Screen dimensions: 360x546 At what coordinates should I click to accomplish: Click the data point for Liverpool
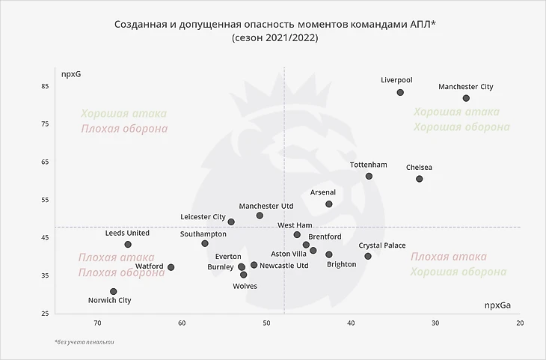(400, 93)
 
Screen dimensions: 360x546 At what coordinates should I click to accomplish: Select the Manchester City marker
(466, 98)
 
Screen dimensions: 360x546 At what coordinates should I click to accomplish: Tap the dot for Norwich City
(113, 292)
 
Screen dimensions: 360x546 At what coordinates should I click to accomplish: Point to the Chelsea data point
(420, 179)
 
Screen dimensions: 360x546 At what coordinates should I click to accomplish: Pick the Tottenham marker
(369, 177)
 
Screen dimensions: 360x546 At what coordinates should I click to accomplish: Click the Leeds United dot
(128, 245)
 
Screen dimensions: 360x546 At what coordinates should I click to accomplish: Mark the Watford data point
(171, 267)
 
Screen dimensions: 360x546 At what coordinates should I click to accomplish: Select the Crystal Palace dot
(368, 256)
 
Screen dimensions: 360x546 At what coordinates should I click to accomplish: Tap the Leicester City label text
(203, 217)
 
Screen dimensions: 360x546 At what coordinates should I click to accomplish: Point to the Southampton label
(203, 234)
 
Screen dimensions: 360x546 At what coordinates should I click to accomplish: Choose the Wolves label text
(245, 286)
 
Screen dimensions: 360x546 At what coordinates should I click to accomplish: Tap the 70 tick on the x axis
(97, 323)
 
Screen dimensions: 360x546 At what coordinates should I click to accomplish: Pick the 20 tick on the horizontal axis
(520, 323)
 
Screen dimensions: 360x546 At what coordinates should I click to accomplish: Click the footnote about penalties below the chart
(85, 342)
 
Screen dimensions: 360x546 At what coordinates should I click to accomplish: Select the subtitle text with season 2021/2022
(274, 37)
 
